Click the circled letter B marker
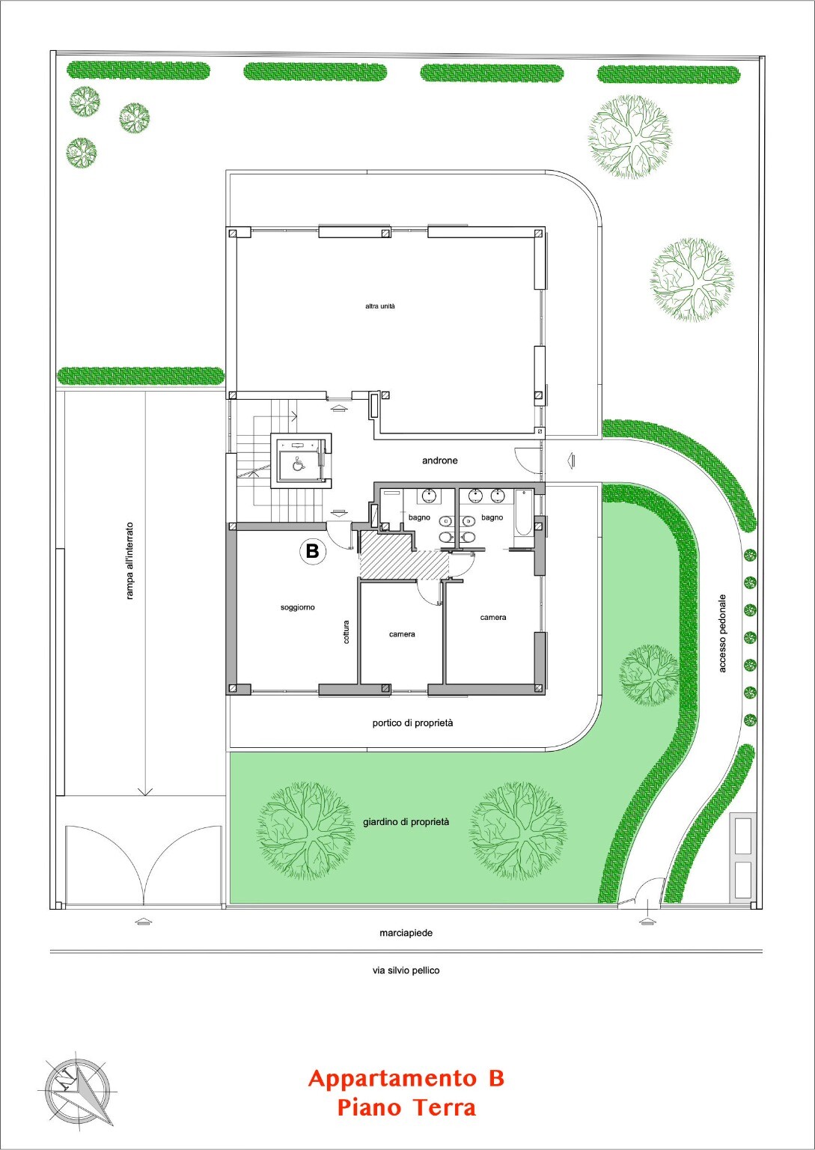pyautogui.click(x=312, y=551)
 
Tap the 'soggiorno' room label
pyautogui.click(x=298, y=607)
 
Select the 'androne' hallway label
pyautogui.click(x=440, y=460)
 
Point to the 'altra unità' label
pyautogui.click(x=380, y=306)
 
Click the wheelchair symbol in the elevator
pyautogui.click(x=297, y=464)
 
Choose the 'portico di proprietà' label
pyautogui.click(x=412, y=722)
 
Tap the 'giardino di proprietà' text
pyautogui.click(x=406, y=822)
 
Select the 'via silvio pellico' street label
pyautogui.click(x=406, y=970)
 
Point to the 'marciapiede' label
pyautogui.click(x=406, y=933)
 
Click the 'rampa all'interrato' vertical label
pyautogui.click(x=129, y=561)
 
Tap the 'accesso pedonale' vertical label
pyautogui.click(x=722, y=633)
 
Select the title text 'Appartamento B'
pyautogui.click(x=406, y=1078)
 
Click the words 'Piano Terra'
pyautogui.click(x=406, y=1107)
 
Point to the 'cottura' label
pyautogui.click(x=347, y=632)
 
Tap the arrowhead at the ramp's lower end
pyautogui.click(x=146, y=791)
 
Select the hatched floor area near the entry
pyautogui.click(x=404, y=556)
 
